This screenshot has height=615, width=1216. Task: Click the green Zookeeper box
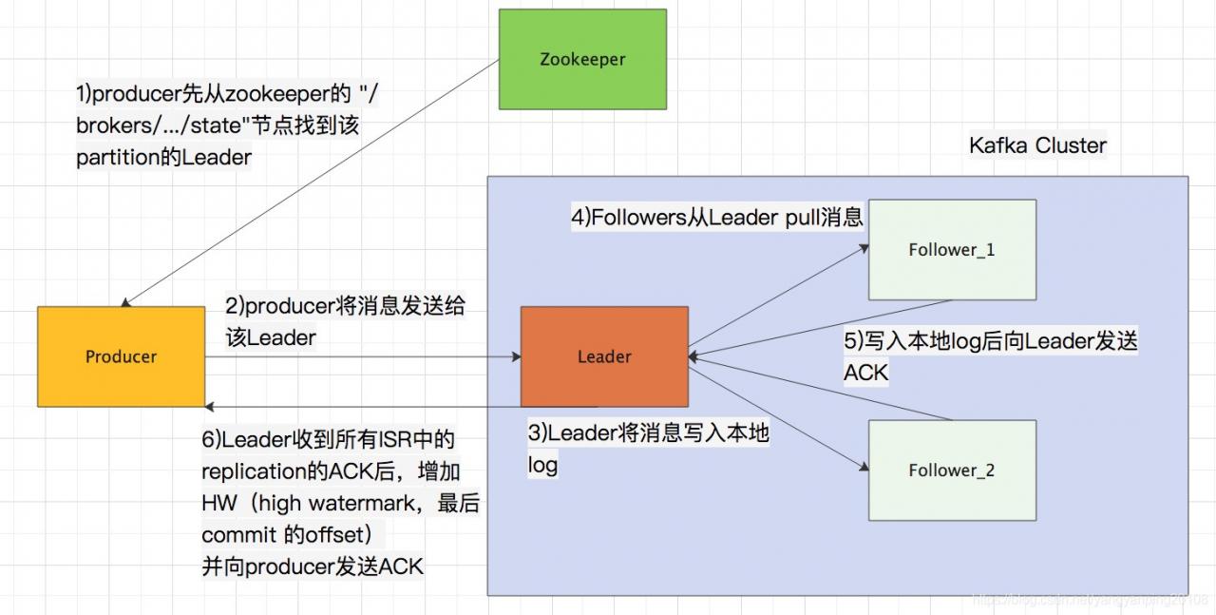(582, 59)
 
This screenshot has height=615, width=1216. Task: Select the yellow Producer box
(121, 356)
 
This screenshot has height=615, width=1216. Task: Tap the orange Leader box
(604, 356)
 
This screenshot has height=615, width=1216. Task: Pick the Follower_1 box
(952, 250)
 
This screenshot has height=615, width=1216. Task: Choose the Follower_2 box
(952, 471)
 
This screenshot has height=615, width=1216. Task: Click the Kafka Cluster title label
(1037, 145)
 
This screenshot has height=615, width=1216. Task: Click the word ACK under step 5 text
(865, 373)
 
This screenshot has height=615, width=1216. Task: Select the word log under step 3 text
(542, 466)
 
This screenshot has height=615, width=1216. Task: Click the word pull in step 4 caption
(807, 218)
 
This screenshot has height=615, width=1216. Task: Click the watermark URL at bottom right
(1092, 600)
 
